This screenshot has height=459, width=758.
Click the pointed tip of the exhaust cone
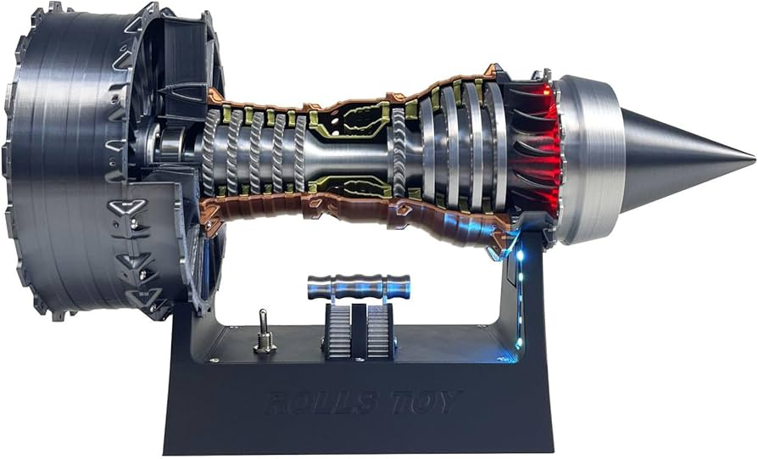754,158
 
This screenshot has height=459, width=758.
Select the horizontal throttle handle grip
359,287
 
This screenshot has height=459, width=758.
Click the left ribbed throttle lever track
338,332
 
